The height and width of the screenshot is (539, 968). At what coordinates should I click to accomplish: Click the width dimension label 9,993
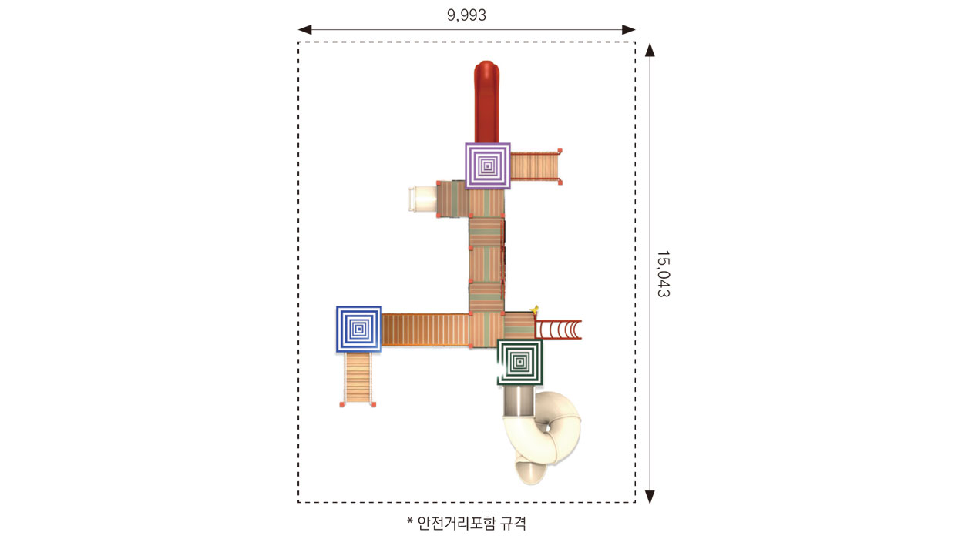[x=466, y=15]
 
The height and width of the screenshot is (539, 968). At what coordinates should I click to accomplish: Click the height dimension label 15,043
[x=663, y=274]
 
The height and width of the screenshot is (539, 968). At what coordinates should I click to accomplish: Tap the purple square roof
[x=487, y=166]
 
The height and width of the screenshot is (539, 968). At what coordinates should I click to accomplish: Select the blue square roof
[x=358, y=329]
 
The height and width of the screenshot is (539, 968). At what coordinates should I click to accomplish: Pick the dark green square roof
[x=519, y=362]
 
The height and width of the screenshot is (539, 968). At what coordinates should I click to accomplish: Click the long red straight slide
[x=486, y=102]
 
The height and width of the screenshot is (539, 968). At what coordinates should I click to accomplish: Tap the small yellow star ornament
[x=535, y=310]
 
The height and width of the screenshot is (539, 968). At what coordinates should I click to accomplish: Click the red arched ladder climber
[x=558, y=330]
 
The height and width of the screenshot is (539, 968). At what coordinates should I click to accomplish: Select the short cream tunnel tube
[x=422, y=199]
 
